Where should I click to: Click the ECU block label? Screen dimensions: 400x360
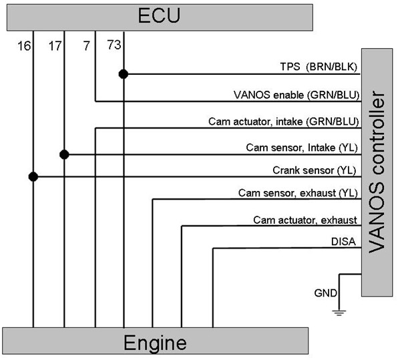coord(159,15)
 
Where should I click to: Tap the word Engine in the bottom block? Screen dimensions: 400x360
coord(155,343)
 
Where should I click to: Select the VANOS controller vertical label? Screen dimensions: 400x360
coord(377,172)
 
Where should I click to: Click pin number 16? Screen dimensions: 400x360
coord(24,46)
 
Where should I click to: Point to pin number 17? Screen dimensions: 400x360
coord(55,46)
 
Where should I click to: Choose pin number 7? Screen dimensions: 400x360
coord(87,46)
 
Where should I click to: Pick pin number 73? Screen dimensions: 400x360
coord(114,45)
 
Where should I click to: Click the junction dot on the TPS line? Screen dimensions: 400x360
coord(124,74)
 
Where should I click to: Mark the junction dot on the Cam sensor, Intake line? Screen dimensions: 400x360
coord(64,154)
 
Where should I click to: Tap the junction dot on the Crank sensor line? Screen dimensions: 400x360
coord(33,176)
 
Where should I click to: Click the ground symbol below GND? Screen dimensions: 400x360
coord(339,313)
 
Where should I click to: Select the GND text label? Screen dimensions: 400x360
coord(326,293)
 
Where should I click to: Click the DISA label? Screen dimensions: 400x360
coord(343,242)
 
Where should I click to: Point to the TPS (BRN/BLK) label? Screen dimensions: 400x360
coord(319,67)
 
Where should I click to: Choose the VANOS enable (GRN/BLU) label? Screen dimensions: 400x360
coord(296,95)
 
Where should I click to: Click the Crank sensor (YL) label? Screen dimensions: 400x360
coord(315,170)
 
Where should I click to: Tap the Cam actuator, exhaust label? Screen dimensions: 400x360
coord(305,220)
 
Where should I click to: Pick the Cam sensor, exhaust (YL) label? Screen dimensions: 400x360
coord(298,193)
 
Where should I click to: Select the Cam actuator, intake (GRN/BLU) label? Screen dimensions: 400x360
coord(284,122)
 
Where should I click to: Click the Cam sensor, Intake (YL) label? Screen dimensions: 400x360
coord(302,148)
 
